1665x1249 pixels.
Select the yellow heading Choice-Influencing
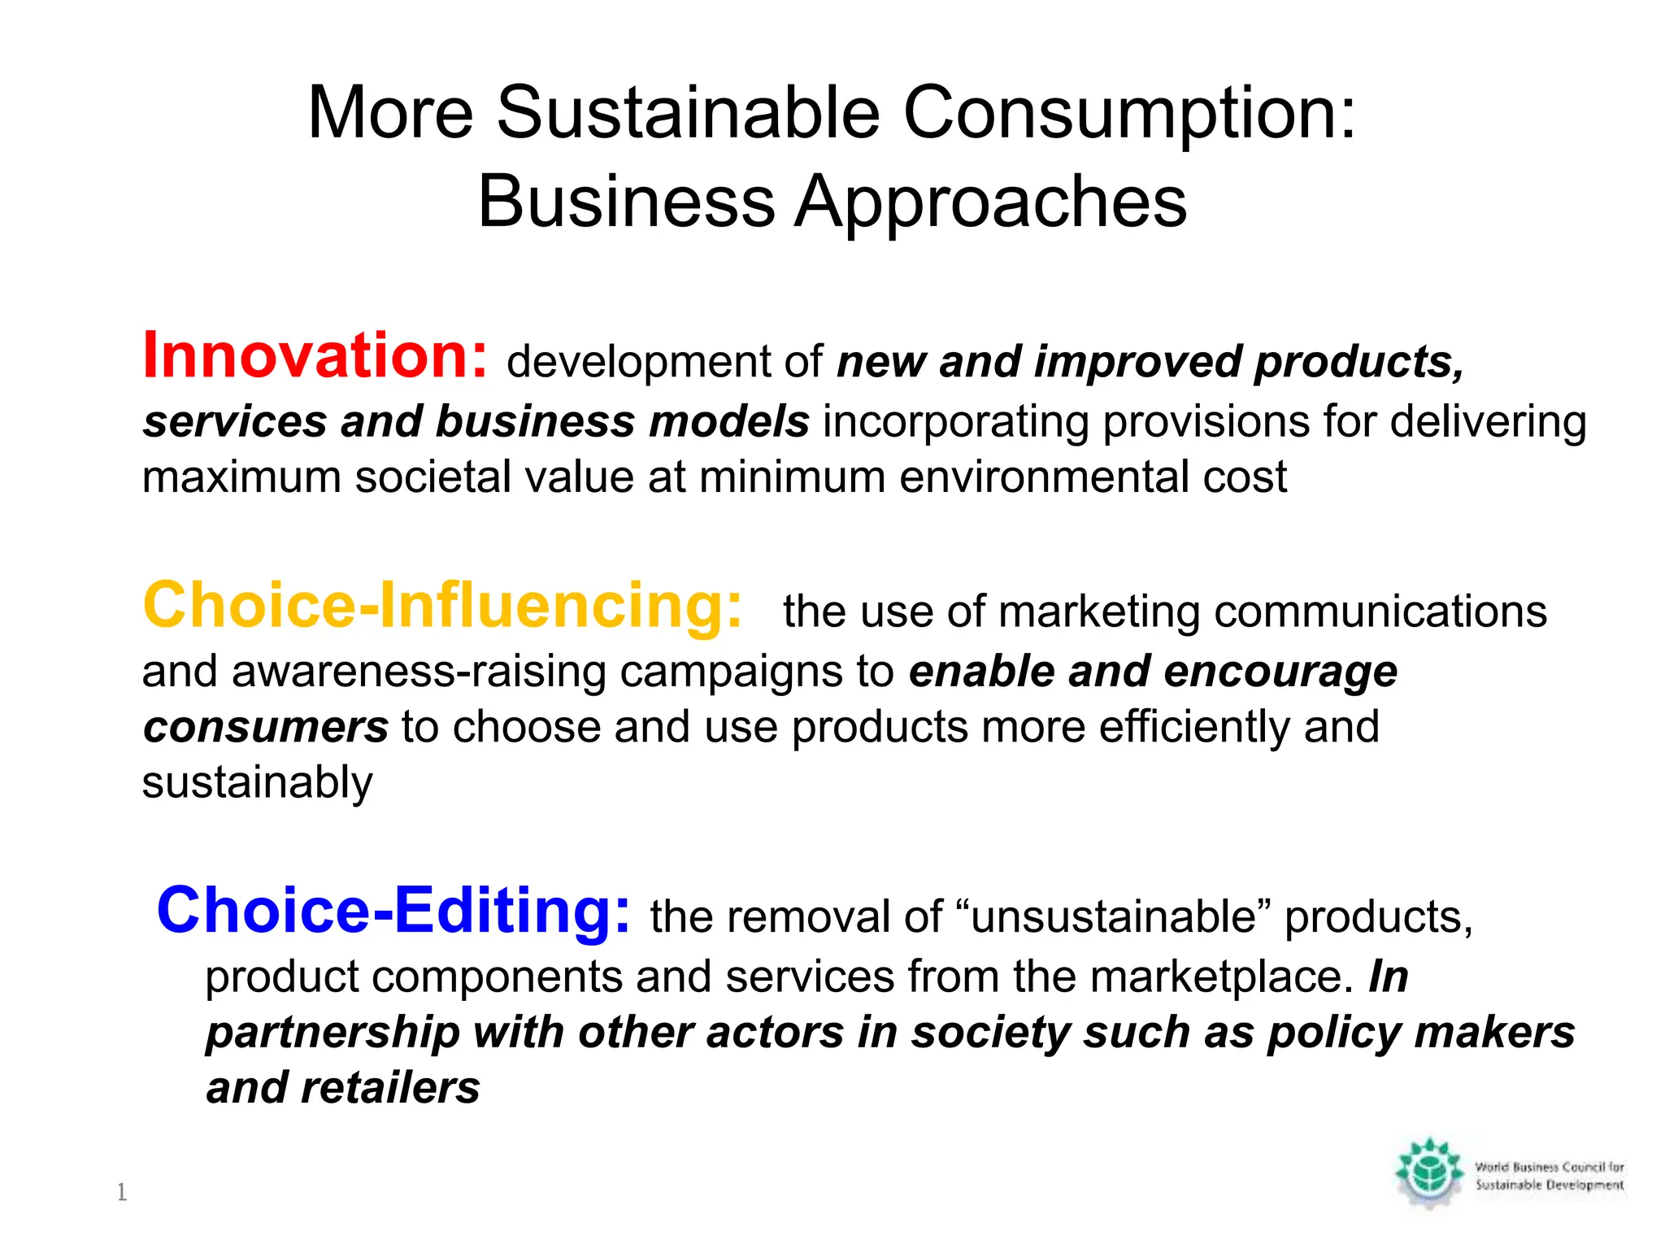442,606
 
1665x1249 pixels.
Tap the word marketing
1098,611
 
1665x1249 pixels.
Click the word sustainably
257,782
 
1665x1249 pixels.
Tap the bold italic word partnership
333,1033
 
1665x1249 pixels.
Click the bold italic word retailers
390,1088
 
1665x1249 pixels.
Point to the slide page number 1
122,1192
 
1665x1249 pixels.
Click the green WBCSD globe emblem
1429,1173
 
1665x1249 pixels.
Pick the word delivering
1488,423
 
